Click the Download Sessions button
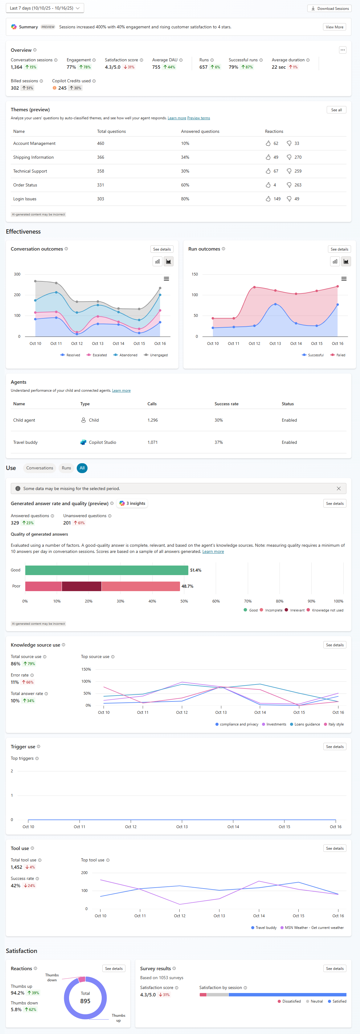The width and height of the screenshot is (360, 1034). [x=329, y=8]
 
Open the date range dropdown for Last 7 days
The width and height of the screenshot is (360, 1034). [x=45, y=8]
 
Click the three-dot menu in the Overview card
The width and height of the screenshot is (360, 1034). [x=342, y=50]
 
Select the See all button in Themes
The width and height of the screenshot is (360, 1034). [x=336, y=110]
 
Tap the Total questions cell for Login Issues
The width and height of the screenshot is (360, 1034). [x=100, y=199]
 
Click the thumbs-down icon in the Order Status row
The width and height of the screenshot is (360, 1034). [x=289, y=185]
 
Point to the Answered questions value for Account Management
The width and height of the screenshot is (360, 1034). [x=185, y=144]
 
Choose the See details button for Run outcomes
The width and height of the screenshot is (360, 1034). [x=339, y=249]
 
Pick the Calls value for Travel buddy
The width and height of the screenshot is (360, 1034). [x=153, y=442]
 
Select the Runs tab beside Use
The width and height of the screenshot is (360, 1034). [x=66, y=468]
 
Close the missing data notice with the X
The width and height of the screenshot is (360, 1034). [x=338, y=488]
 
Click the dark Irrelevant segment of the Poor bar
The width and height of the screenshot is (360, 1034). [x=81, y=586]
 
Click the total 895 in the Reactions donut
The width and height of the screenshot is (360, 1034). [x=85, y=1001]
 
